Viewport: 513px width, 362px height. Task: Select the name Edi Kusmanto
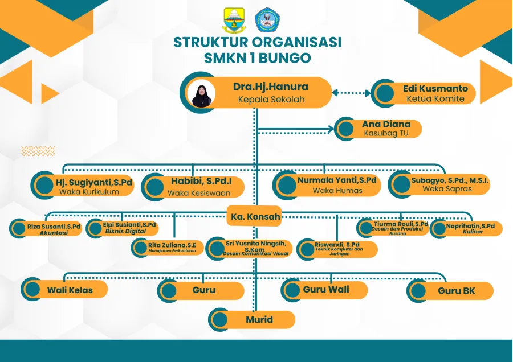(x=435, y=89)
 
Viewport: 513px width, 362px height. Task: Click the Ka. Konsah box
(x=254, y=216)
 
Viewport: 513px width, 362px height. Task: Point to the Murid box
(x=259, y=319)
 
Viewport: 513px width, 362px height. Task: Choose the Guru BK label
(x=456, y=291)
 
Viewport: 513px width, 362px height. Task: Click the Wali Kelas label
(x=70, y=290)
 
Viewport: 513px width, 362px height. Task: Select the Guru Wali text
(x=326, y=290)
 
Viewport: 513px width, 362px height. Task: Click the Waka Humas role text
(x=337, y=191)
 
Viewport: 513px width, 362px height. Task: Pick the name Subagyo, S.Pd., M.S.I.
(x=450, y=180)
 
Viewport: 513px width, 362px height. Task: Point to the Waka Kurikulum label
(x=89, y=192)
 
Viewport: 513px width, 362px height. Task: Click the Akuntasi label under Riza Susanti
(x=54, y=233)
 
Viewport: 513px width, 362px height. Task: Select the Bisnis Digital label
(x=124, y=231)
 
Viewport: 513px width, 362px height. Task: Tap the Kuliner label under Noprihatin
(x=473, y=232)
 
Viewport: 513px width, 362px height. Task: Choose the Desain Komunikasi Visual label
(x=256, y=253)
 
